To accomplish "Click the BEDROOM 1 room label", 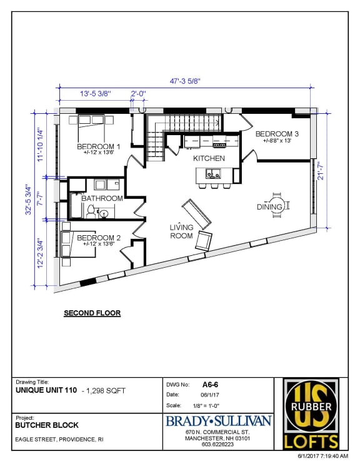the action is point(99,146).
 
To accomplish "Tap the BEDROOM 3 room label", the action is point(277,134).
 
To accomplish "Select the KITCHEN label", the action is point(209,158).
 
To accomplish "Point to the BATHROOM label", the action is point(102,198).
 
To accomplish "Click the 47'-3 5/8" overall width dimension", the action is point(185,81).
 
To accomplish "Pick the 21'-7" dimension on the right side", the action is point(321,171).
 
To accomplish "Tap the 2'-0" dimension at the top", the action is point(138,94).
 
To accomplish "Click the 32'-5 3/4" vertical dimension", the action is point(28,200).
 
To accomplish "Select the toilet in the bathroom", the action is point(91,211).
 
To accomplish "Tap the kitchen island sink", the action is point(213,173).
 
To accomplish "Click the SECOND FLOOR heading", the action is point(92,313).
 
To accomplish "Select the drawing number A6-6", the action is point(210,385).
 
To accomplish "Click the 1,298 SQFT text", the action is point(106,390).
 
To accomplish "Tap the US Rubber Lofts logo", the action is point(311,413).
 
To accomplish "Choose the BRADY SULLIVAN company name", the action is point(218,421).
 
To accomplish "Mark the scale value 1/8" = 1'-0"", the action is point(206,406).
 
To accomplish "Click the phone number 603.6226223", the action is point(217,444).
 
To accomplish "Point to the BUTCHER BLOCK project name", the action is point(47,425).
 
